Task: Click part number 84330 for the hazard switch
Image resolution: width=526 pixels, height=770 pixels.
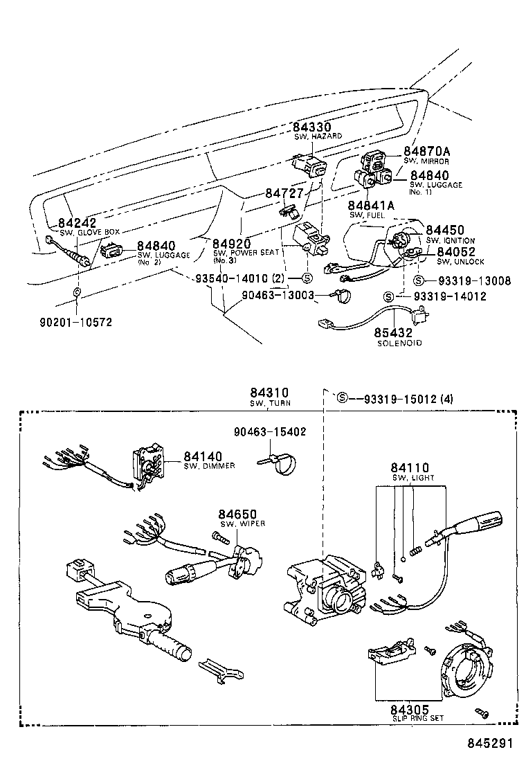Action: pyautogui.click(x=311, y=127)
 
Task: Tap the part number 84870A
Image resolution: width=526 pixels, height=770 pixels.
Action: pyautogui.click(x=427, y=151)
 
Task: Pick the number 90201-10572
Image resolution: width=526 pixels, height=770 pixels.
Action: pyautogui.click(x=76, y=322)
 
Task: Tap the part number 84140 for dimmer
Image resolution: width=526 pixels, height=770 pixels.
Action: pyautogui.click(x=203, y=456)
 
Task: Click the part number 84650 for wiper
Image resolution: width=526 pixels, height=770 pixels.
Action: pyautogui.click(x=237, y=514)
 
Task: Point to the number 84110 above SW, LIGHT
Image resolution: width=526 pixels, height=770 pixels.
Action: pyautogui.click(x=410, y=467)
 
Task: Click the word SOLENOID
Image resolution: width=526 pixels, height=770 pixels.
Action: pyautogui.click(x=399, y=343)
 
